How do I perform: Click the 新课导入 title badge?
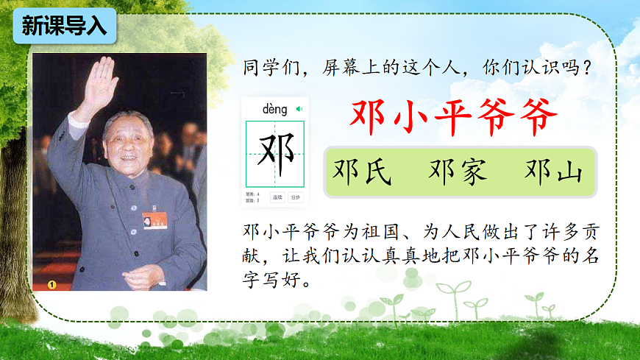(64, 27)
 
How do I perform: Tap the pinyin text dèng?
(275, 110)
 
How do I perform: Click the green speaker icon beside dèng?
(299, 109)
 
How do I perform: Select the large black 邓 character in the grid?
(275, 152)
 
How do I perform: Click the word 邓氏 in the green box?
(363, 172)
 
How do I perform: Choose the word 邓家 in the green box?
(458, 172)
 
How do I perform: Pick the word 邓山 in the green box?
(553, 172)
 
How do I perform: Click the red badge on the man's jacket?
(154, 219)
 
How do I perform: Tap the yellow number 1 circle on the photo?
(52, 283)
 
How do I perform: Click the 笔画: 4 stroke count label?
(252, 194)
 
